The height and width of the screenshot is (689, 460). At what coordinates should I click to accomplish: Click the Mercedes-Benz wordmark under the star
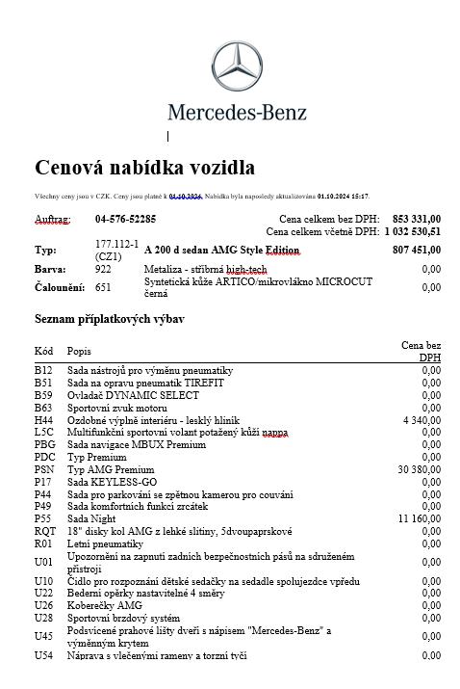(237, 112)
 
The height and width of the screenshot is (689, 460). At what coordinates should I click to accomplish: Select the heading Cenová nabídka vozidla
(144, 168)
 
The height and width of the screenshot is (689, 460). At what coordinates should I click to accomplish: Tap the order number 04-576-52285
(125, 219)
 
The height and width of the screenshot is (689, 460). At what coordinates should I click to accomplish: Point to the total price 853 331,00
(417, 219)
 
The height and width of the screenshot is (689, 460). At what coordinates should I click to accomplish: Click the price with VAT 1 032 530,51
(412, 231)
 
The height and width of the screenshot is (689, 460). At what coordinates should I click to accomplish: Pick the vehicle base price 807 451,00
(417, 249)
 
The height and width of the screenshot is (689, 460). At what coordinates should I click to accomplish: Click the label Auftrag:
(53, 219)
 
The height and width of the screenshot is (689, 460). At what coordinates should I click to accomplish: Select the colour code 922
(103, 269)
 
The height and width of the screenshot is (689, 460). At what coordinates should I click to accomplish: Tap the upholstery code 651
(103, 287)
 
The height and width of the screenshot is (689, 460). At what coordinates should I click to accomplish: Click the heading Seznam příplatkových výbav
(109, 318)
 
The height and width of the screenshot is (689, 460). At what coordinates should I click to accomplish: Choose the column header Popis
(79, 351)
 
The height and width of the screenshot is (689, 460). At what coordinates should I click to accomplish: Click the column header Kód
(43, 351)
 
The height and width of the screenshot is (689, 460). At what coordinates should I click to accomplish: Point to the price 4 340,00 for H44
(421, 420)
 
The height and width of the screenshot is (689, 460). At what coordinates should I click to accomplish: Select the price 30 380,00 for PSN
(419, 469)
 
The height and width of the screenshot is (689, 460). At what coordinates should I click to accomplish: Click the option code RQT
(44, 531)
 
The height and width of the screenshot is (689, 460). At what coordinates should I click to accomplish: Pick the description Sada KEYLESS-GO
(112, 482)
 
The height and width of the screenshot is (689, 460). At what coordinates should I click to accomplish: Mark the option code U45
(43, 636)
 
